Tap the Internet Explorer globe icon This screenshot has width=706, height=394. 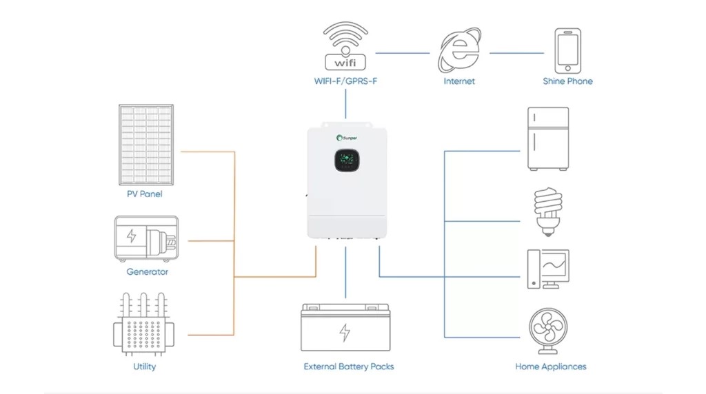pos(459,50)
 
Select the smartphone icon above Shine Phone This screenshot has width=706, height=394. pos(567,50)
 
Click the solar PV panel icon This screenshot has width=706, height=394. pos(145,145)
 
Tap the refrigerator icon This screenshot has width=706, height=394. pos(547,138)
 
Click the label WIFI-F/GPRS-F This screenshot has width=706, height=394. pos(345,81)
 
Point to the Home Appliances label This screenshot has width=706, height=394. pos(550,366)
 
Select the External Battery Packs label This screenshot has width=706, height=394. pos(349,366)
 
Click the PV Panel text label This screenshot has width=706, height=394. pos(145,194)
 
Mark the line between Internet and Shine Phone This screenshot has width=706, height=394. pos(516,52)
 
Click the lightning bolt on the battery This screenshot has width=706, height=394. pos(345,333)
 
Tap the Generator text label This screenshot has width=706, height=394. pos(147,272)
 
